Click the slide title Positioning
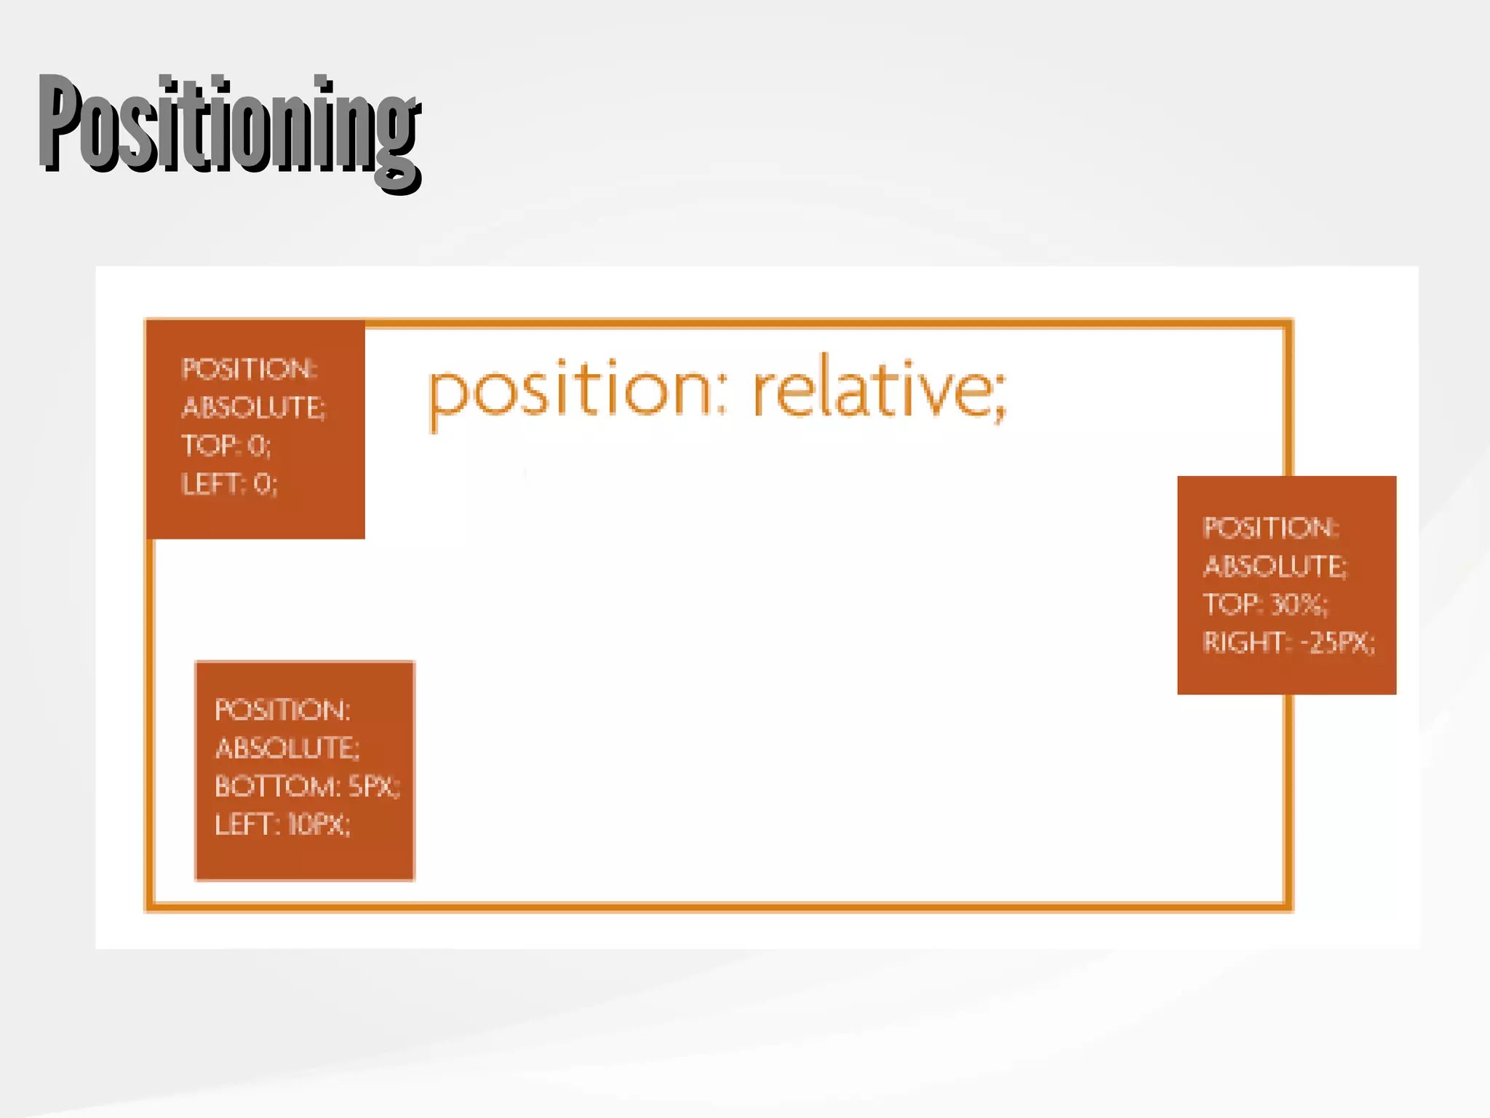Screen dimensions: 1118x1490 point(230,127)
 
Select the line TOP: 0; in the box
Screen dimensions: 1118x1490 point(226,445)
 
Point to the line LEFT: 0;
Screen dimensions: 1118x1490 point(229,484)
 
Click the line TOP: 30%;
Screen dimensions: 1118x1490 point(1265,604)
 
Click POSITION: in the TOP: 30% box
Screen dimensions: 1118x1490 point(1270,528)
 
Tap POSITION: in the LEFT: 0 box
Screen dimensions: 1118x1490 point(249,369)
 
